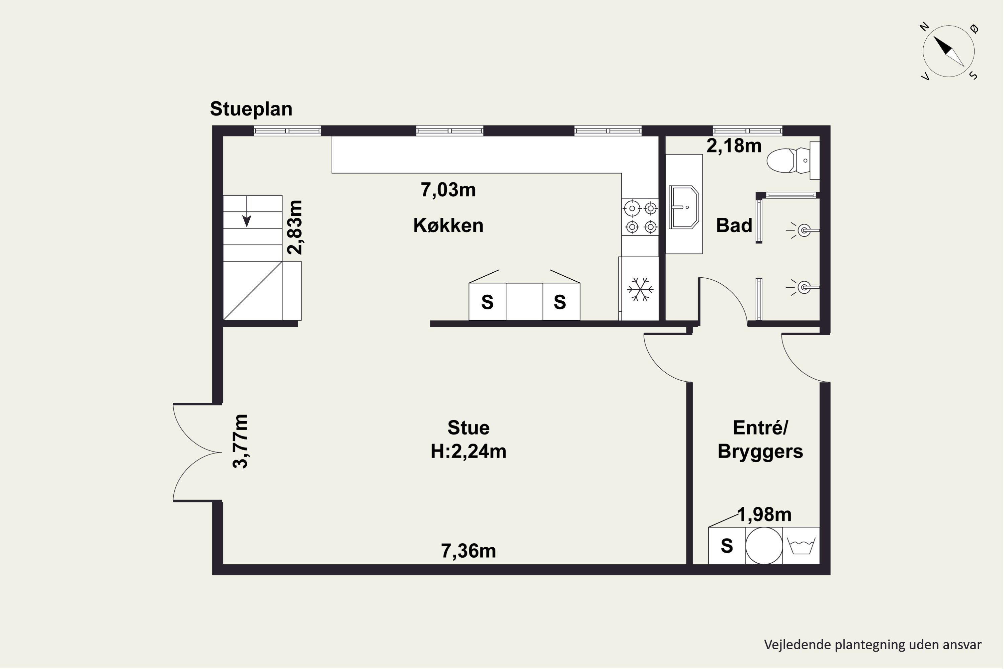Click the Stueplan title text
coord(251,110)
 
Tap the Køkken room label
coord(448,225)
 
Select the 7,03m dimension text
coord(448,190)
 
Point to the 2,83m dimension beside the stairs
coord(295,227)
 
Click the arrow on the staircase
coord(247,212)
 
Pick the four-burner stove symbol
coord(640,217)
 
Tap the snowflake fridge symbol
coord(640,289)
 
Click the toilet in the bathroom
coord(793,161)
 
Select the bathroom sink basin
coord(684,207)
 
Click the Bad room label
coord(734,225)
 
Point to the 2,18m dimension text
coord(734,146)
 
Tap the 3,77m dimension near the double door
coord(240,441)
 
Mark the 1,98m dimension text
coord(764,514)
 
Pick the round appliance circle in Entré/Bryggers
coord(764,546)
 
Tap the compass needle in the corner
coord(948,51)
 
